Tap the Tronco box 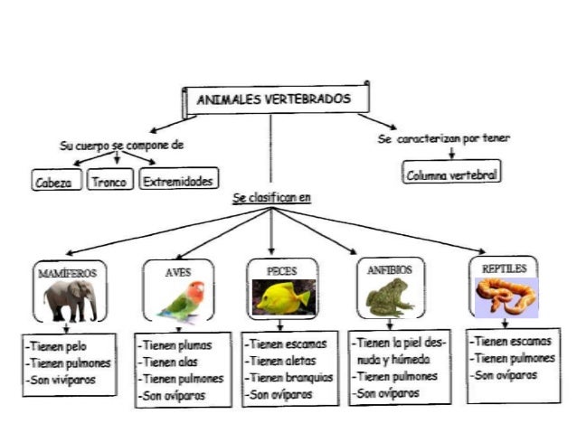[x=109, y=181]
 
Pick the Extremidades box [x=179, y=181]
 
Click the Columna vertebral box [x=452, y=174]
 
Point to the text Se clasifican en [x=270, y=197]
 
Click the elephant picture [x=70, y=298]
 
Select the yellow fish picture [x=280, y=297]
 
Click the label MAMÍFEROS [x=66, y=271]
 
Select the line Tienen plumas [x=175, y=344]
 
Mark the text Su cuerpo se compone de [x=122, y=145]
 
